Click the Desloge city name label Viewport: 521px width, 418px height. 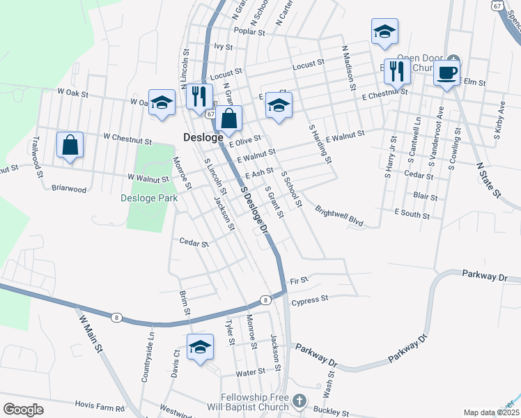(203, 137)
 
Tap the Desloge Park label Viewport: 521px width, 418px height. (148, 198)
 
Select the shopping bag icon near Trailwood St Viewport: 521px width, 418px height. (70, 146)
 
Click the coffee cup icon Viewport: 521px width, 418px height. (446, 72)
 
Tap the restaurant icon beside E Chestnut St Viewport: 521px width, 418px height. (397, 72)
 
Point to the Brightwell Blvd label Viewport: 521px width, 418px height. (339, 216)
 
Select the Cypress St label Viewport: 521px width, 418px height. (310, 300)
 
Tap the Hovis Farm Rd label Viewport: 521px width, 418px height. (100, 408)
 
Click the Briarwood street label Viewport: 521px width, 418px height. (69, 188)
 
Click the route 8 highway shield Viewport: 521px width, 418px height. (265, 300)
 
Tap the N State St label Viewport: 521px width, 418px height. (488, 180)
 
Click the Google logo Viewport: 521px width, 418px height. (23, 410)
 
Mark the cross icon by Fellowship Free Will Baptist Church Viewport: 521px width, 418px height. (299, 401)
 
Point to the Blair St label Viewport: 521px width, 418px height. (425, 197)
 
